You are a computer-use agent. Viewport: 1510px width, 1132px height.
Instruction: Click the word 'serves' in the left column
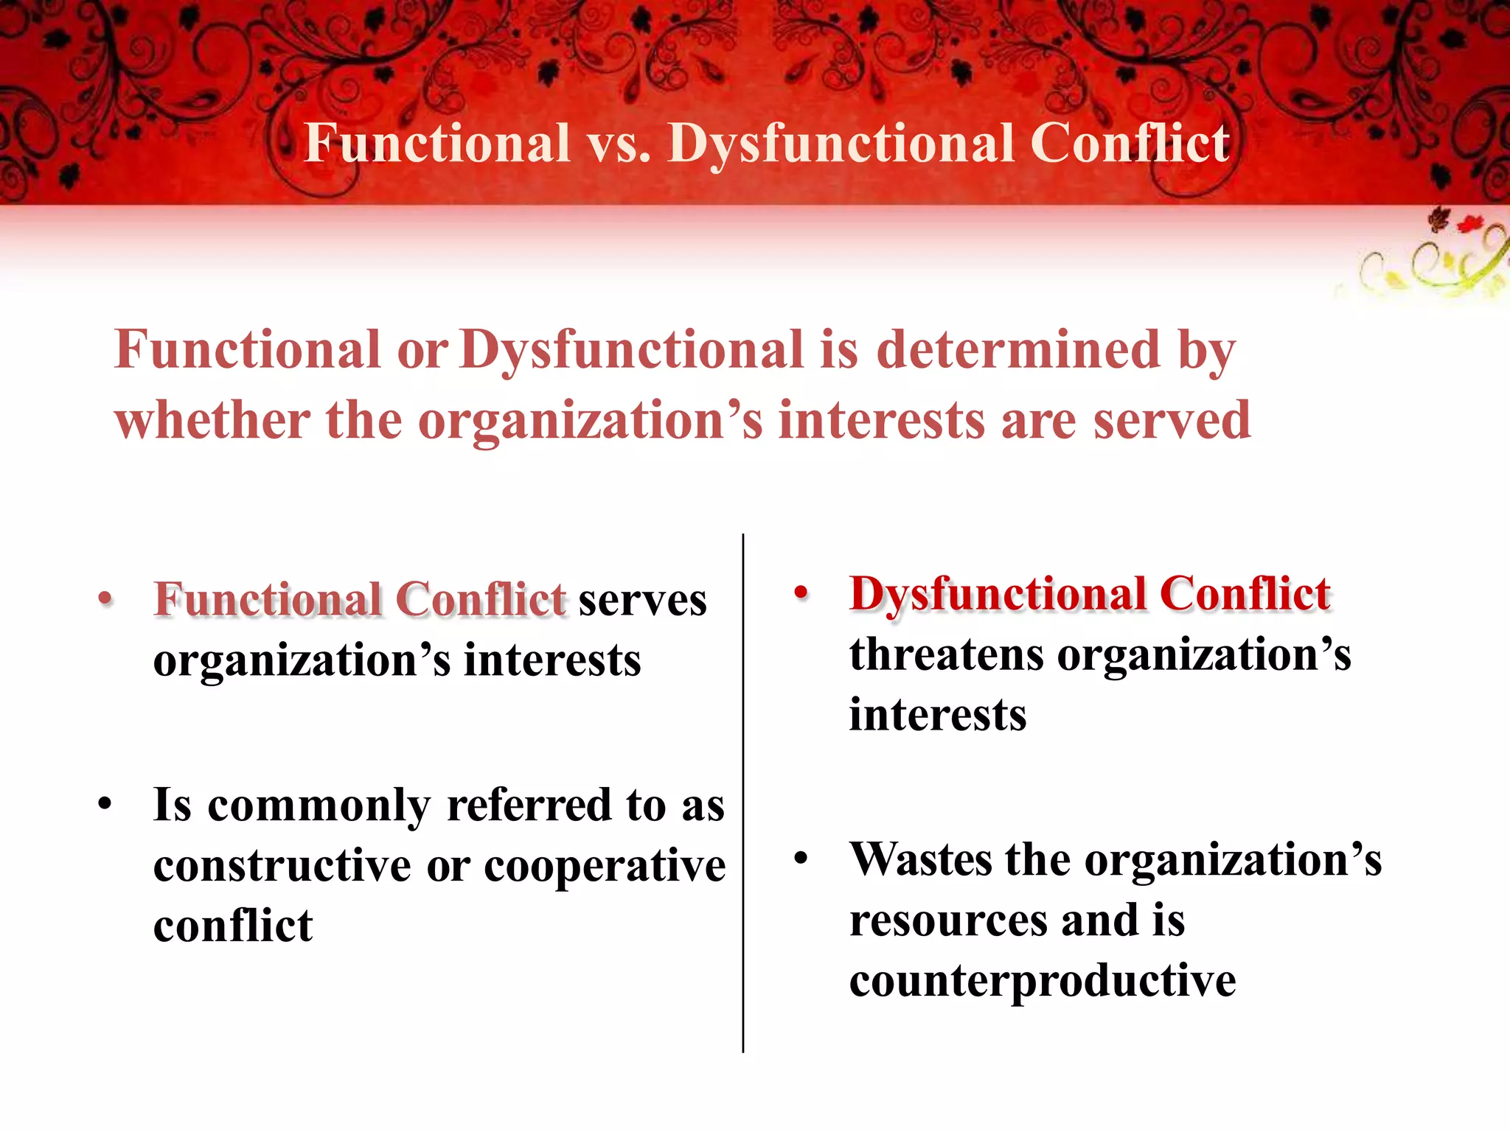642,600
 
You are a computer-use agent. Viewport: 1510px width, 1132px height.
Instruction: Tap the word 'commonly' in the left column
319,806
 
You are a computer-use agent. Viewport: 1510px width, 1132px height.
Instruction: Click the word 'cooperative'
605,867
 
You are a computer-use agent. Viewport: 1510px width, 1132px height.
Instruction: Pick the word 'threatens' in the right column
946,654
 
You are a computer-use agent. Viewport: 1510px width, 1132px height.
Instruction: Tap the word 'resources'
948,920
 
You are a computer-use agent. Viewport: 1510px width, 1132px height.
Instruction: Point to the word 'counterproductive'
1043,981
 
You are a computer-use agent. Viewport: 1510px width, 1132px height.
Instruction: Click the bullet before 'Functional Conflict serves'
105,598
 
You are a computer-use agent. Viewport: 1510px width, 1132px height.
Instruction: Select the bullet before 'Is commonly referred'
105,805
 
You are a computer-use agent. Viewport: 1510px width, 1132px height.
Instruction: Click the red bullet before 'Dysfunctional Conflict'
801,593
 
